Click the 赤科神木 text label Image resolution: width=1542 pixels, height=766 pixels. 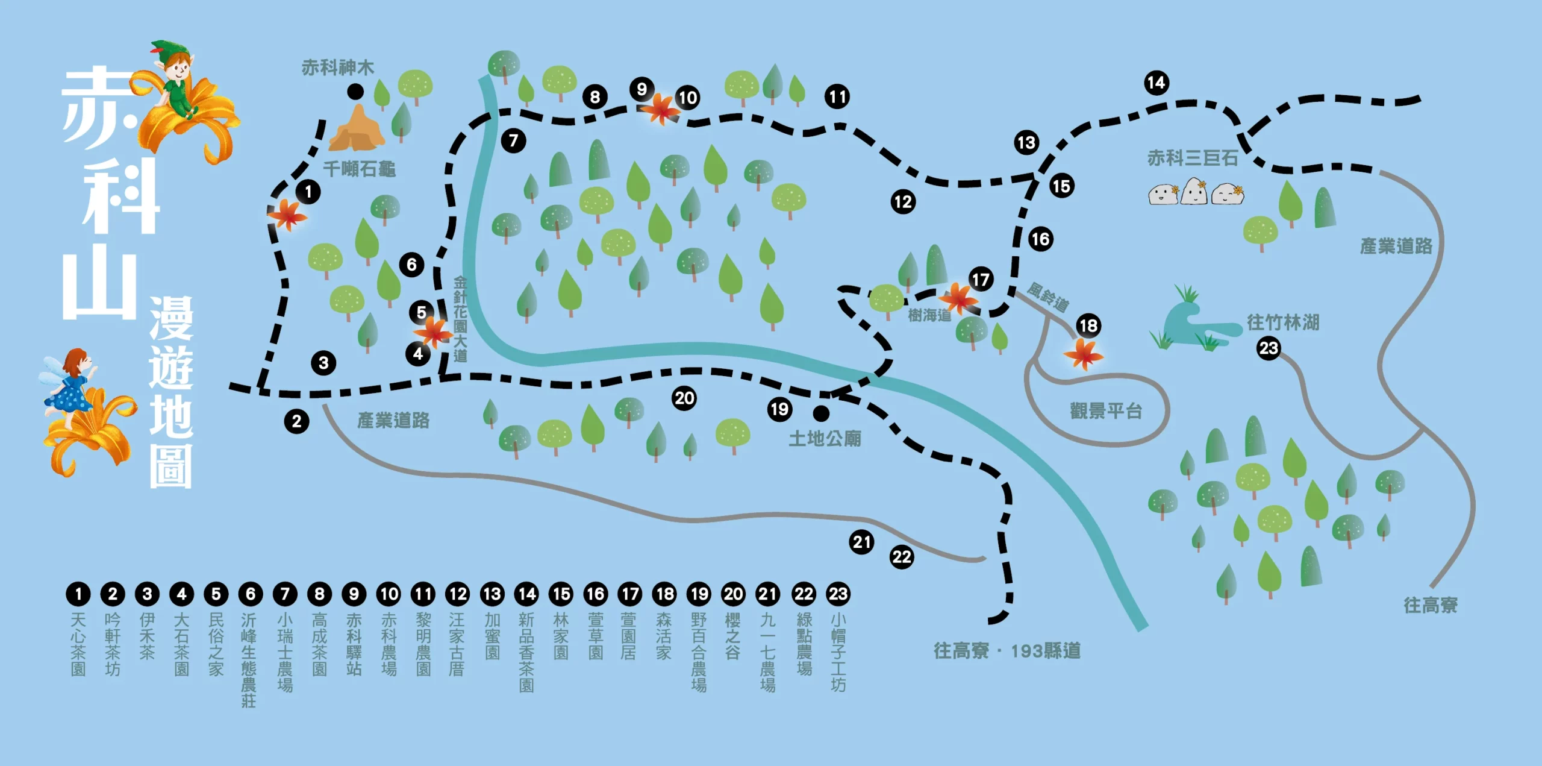tap(337, 67)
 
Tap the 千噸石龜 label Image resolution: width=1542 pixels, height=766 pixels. tap(360, 169)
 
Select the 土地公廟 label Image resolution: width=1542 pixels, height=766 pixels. tap(825, 438)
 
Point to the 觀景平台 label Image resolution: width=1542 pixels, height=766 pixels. tap(1106, 411)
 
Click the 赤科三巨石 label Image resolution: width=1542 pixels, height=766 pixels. tap(1193, 158)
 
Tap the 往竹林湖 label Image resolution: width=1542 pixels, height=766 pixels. tap(1283, 322)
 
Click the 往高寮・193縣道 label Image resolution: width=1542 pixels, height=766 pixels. tap(1007, 651)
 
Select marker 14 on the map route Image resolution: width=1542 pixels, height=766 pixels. tap(1156, 83)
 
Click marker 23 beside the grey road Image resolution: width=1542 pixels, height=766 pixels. tap(1269, 348)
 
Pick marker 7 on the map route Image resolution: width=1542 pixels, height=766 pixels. tap(513, 141)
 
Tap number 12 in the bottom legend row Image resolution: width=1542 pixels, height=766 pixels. tap(458, 594)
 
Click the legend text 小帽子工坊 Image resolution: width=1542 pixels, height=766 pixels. tap(838, 652)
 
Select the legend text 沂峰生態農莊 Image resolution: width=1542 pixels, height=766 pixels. tap(249, 660)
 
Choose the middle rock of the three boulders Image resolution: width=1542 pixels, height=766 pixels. tap(1194, 192)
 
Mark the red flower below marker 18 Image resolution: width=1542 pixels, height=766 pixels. tap(1084, 354)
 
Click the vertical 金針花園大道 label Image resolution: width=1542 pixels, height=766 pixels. tap(460, 319)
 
